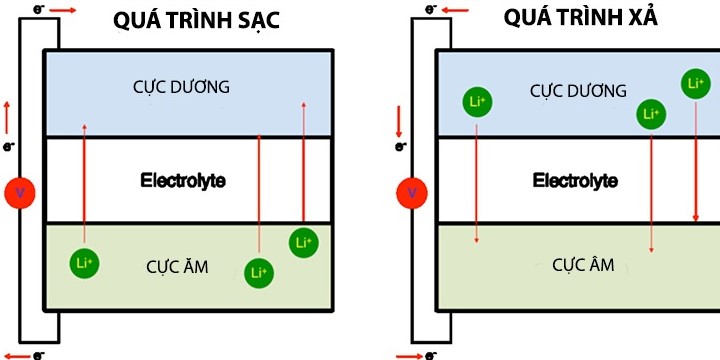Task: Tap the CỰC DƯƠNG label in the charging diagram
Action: point(189,88)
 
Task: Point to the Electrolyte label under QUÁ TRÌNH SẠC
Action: point(183,181)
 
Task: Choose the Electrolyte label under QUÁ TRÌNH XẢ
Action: point(575,181)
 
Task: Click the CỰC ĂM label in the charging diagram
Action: point(177,265)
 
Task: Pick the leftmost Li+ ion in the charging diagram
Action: point(84,262)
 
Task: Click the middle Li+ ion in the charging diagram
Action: point(258,271)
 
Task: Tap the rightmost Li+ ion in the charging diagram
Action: point(304,242)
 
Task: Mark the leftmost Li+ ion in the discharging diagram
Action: point(476,101)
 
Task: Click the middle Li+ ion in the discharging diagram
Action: point(652,114)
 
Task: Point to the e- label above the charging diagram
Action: point(38,9)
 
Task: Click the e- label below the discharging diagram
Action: point(431,354)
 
